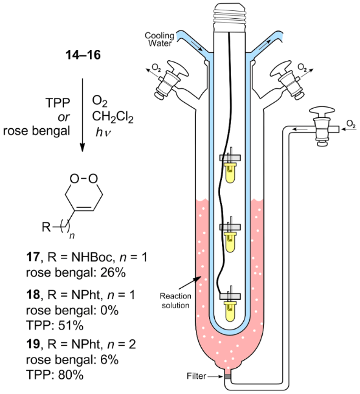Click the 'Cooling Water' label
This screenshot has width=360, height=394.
(x=159, y=40)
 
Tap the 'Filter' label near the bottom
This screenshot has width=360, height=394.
(x=196, y=376)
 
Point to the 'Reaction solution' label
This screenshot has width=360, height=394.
(x=175, y=300)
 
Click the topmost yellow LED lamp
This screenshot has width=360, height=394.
(x=230, y=173)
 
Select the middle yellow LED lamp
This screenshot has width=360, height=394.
(x=230, y=242)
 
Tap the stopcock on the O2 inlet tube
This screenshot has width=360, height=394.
(x=322, y=126)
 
